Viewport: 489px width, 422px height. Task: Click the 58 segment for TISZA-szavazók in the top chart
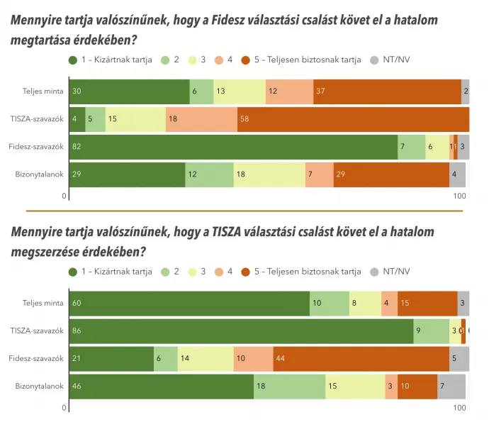pos(353,119)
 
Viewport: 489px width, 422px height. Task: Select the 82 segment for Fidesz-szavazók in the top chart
pos(233,147)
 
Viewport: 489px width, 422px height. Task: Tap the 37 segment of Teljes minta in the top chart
pos(387,91)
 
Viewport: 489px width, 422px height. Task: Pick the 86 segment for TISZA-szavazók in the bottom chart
pos(241,331)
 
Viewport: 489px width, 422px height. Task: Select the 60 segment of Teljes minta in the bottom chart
pos(189,303)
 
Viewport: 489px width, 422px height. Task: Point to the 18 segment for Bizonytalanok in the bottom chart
pos(290,387)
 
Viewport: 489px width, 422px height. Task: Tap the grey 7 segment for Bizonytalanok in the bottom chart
pos(451,387)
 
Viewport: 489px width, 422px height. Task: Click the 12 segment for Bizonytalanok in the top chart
pos(209,174)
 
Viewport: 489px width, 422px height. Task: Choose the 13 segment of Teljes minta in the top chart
pos(240,91)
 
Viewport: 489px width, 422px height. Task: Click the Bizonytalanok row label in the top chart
pos(40,174)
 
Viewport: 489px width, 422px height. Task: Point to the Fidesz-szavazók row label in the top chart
pos(38,147)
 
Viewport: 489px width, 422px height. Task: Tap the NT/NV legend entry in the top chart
pos(395,60)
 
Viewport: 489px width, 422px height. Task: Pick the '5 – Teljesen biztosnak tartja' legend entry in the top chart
pos(301,60)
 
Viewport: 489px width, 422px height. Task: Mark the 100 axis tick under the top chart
pos(460,196)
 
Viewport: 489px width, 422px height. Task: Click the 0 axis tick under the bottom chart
pos(64,408)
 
